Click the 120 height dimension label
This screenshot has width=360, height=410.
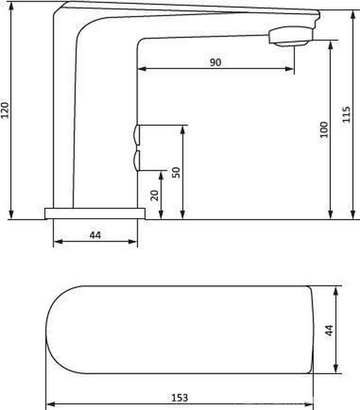[x=5, y=110]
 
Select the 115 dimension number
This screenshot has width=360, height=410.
[x=346, y=114]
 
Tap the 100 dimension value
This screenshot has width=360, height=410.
[x=324, y=130]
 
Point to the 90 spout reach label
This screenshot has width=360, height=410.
[x=215, y=62]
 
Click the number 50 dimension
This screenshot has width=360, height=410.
[x=176, y=172]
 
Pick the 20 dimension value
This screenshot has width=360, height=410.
[x=154, y=195]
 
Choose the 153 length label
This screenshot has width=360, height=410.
[x=179, y=398]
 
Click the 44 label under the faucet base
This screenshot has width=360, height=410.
[x=95, y=235]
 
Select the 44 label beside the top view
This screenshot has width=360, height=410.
[x=329, y=330]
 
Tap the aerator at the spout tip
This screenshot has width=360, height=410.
[x=291, y=36]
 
